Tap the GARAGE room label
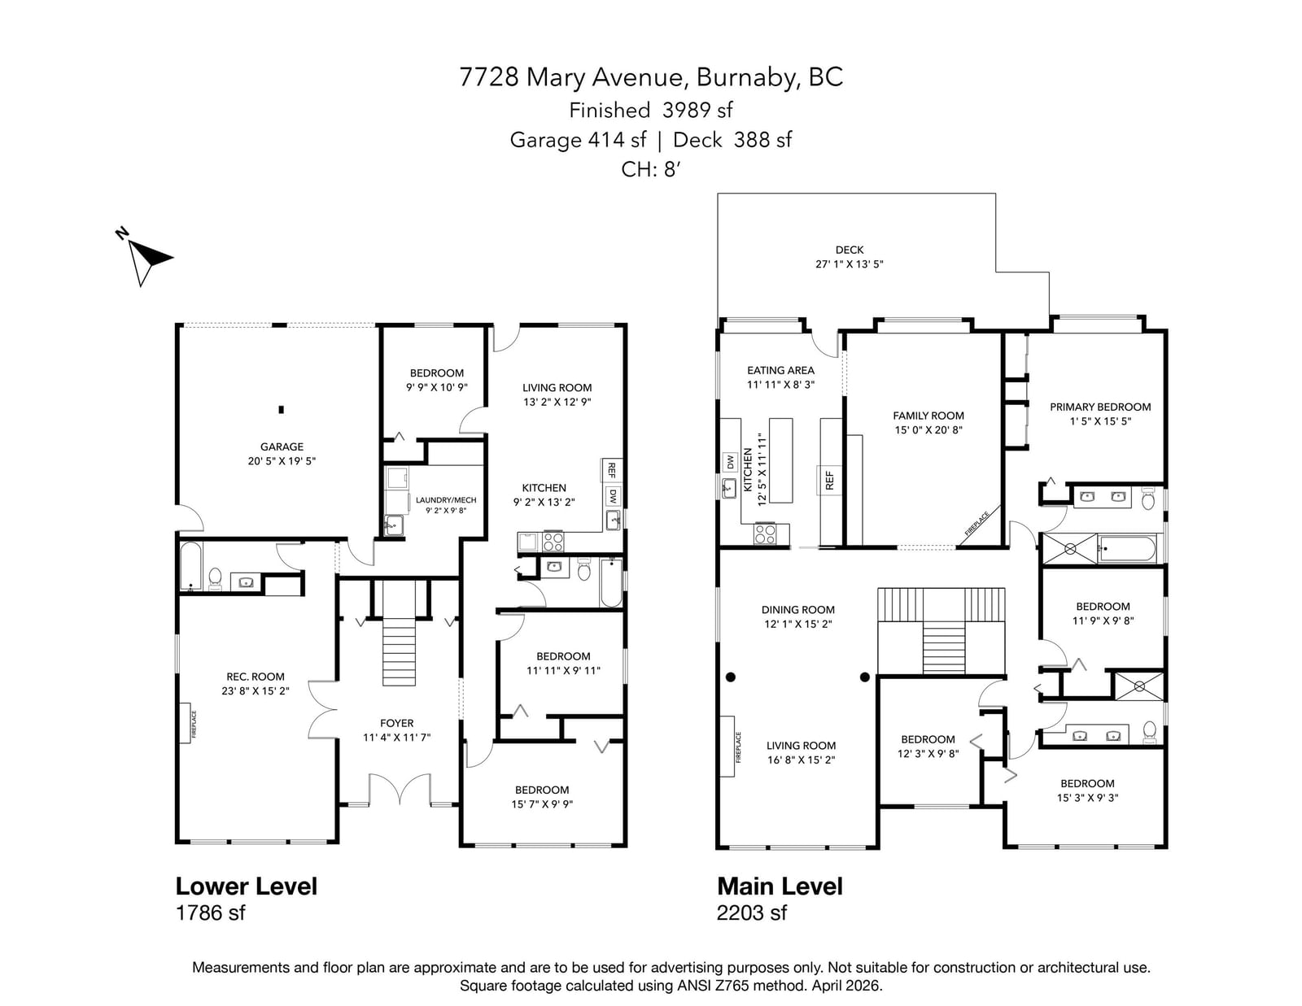pyautogui.click(x=282, y=446)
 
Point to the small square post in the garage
pyautogui.click(x=281, y=410)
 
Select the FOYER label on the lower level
pyautogui.click(x=396, y=723)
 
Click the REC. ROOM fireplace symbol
pyautogui.click(x=186, y=723)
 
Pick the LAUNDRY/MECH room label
pyautogui.click(x=446, y=500)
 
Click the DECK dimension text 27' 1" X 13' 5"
pyautogui.click(x=849, y=264)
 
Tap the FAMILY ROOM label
pyautogui.click(x=928, y=416)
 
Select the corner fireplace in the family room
pyautogui.click(x=981, y=525)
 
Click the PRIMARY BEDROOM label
pyautogui.click(x=1100, y=407)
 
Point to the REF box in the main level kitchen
pyautogui.click(x=829, y=481)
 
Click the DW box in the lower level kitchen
pyautogui.click(x=613, y=496)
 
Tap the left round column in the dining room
pyautogui.click(x=731, y=677)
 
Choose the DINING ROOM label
pyautogui.click(x=797, y=610)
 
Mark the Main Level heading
pyautogui.click(x=780, y=886)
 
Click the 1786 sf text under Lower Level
pyautogui.click(x=210, y=912)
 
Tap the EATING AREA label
pyautogui.click(x=780, y=371)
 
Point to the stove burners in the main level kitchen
pyautogui.click(x=765, y=533)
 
